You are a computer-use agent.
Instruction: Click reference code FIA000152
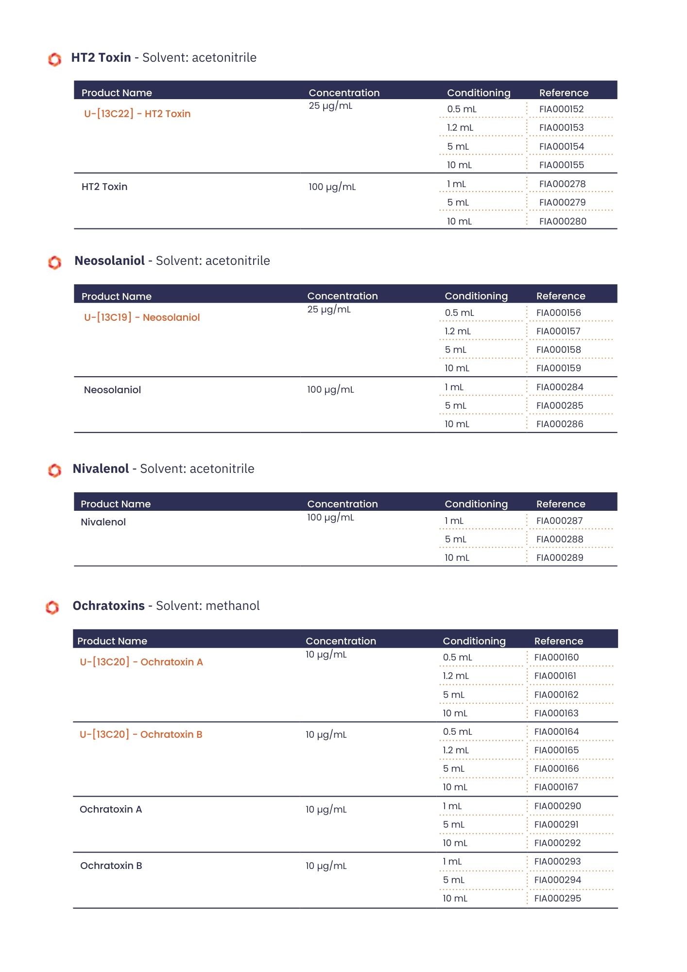coord(561,109)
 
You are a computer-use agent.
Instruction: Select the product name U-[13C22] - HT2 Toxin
coord(137,114)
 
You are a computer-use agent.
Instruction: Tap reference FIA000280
coord(563,222)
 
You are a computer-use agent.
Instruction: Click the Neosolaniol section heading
coord(172,261)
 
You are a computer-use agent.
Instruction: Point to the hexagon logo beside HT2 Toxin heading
coord(54,59)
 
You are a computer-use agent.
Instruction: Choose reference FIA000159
coord(558,368)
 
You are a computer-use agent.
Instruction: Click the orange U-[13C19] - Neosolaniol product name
coord(142,317)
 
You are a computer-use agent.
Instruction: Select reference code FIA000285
coord(560,406)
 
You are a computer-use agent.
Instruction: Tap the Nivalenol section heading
coord(163,469)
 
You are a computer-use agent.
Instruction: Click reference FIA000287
coord(559,521)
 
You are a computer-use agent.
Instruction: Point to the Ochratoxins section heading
coord(166,606)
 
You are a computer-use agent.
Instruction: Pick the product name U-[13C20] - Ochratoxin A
coord(141,662)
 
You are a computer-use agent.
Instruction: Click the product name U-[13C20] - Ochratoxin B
coord(141,734)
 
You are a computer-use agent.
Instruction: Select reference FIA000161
coord(555,676)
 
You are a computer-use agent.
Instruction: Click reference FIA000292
coord(557,843)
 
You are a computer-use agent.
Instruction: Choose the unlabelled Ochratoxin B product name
coord(111,866)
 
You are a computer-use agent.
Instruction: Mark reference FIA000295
coord(557,899)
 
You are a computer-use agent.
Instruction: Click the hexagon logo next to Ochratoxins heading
coord(52,607)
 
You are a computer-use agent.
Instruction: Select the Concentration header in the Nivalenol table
coord(343,504)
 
